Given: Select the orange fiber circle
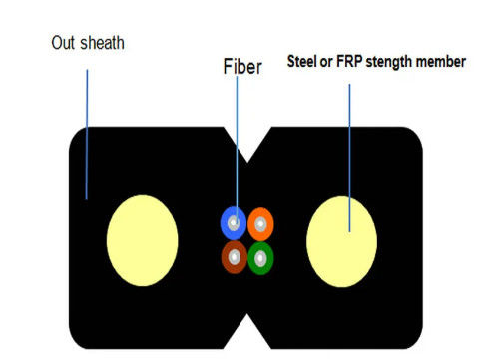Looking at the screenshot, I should pyautogui.click(x=259, y=222).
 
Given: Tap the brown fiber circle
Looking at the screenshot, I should pyautogui.click(x=235, y=257).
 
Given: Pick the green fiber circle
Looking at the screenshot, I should pyautogui.click(x=259, y=257).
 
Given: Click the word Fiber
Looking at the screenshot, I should pyautogui.click(x=241, y=69).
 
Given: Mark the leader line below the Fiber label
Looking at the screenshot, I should pyautogui.click(x=238, y=150).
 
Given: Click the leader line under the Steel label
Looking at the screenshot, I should pyautogui.click(x=349, y=150).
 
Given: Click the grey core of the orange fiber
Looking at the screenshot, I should pyautogui.click(x=259, y=222).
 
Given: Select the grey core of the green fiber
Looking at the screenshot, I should pyautogui.click(x=259, y=257).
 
